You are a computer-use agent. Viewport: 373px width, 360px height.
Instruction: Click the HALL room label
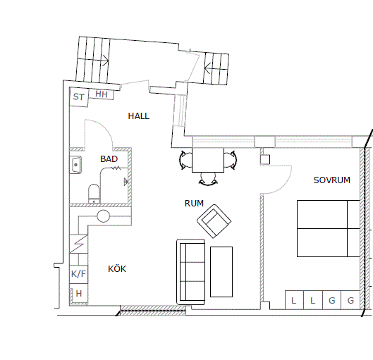[x=139, y=116]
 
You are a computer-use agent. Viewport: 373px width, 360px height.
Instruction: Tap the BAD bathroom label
[x=109, y=159]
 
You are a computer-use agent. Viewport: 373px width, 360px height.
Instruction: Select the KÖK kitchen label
[x=117, y=268]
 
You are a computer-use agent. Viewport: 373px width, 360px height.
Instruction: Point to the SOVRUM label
[x=331, y=180]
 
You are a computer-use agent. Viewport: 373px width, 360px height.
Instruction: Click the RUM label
[x=194, y=204]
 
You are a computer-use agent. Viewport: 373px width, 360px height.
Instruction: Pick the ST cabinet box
[x=79, y=97]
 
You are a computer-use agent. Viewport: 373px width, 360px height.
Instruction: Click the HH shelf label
[x=102, y=94]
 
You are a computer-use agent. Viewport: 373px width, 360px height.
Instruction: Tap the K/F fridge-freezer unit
[x=78, y=274]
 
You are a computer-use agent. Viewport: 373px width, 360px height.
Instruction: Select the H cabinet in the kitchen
[x=79, y=294]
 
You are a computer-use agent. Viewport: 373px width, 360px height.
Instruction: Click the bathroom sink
[x=76, y=165]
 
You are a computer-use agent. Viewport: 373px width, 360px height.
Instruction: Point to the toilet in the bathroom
[x=94, y=194]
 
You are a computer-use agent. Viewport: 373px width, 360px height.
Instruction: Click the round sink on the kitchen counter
[x=103, y=216]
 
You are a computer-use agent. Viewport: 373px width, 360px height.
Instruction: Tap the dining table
[x=208, y=160]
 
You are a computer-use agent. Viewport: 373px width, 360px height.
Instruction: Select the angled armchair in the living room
[x=214, y=221]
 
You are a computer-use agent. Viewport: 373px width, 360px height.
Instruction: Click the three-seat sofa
[x=191, y=272]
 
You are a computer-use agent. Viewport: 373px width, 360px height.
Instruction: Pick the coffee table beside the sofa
[x=221, y=272]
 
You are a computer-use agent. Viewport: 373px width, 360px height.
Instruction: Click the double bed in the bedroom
[x=329, y=228]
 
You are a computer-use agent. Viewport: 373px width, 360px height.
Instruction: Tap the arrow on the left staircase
[x=105, y=61]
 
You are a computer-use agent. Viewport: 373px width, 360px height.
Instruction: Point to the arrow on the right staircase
[x=208, y=68]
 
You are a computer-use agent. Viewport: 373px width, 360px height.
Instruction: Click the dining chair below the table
[x=208, y=179]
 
